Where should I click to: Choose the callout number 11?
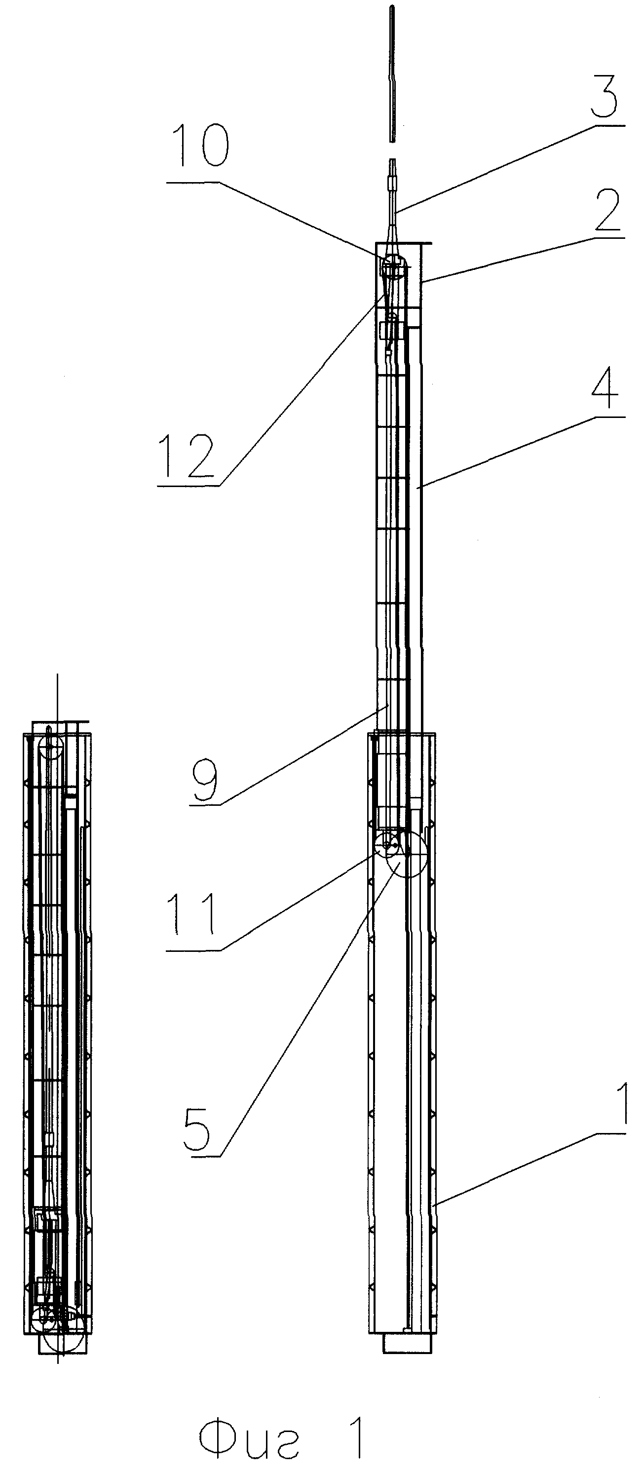click(192, 914)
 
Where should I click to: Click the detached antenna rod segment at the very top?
click(392, 74)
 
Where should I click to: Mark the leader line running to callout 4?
click(521, 453)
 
